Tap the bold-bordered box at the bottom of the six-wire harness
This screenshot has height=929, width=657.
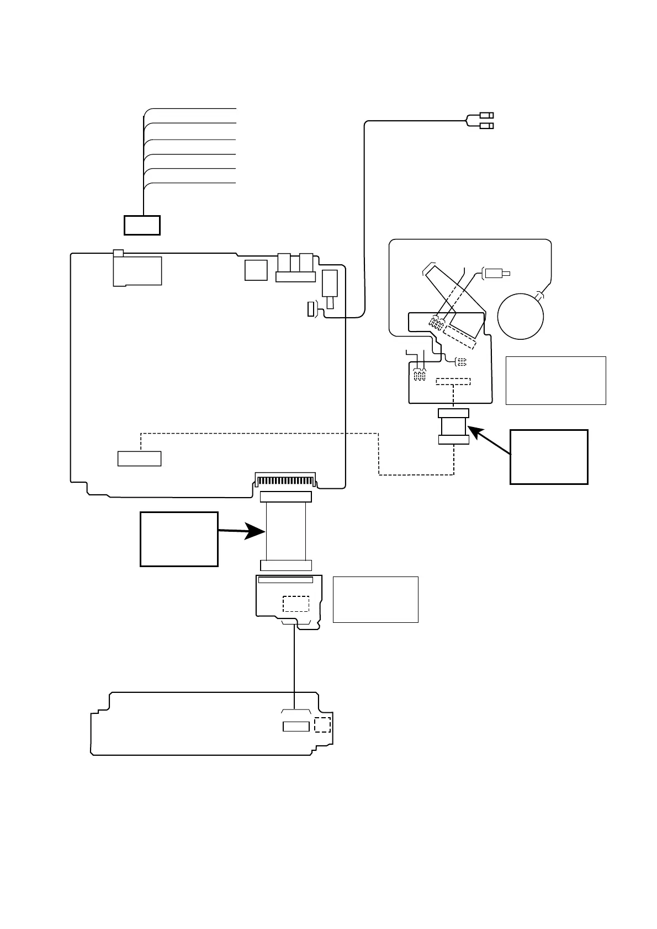point(142,225)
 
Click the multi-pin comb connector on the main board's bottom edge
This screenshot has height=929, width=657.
point(285,480)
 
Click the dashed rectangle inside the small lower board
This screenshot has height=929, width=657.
point(295,604)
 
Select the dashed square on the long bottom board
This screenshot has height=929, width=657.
point(322,725)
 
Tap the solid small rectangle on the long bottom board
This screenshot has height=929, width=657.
point(296,727)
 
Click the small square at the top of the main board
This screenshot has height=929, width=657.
point(256,270)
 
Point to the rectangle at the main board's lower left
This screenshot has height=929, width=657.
point(140,458)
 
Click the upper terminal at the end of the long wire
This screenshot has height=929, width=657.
point(486,115)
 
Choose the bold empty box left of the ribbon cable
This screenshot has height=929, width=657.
point(179,539)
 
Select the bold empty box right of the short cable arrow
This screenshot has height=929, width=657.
point(548,457)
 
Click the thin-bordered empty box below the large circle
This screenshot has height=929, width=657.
point(555,381)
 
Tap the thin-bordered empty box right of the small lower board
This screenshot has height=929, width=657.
point(375,600)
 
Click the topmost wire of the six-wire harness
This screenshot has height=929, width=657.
point(190,109)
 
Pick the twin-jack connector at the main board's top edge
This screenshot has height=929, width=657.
point(295,268)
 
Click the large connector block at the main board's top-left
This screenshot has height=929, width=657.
point(137,270)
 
